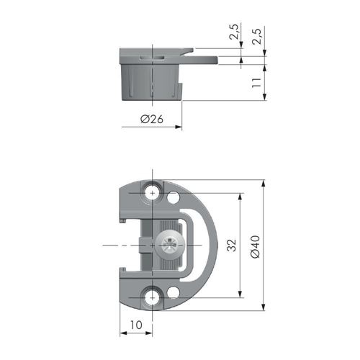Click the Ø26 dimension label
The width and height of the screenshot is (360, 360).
(152, 119)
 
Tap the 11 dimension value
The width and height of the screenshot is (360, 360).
(256, 83)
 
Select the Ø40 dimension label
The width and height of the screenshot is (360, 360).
(255, 247)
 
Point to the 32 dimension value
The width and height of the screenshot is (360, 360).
(232, 245)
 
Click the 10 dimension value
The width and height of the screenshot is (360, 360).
(136, 325)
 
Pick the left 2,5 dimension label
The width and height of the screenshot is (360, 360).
(234, 32)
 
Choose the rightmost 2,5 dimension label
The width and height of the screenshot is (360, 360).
(256, 36)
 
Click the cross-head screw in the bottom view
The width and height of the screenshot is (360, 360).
(170, 245)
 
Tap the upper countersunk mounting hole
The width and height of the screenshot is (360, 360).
(152, 193)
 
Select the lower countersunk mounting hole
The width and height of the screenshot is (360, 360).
(152, 297)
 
